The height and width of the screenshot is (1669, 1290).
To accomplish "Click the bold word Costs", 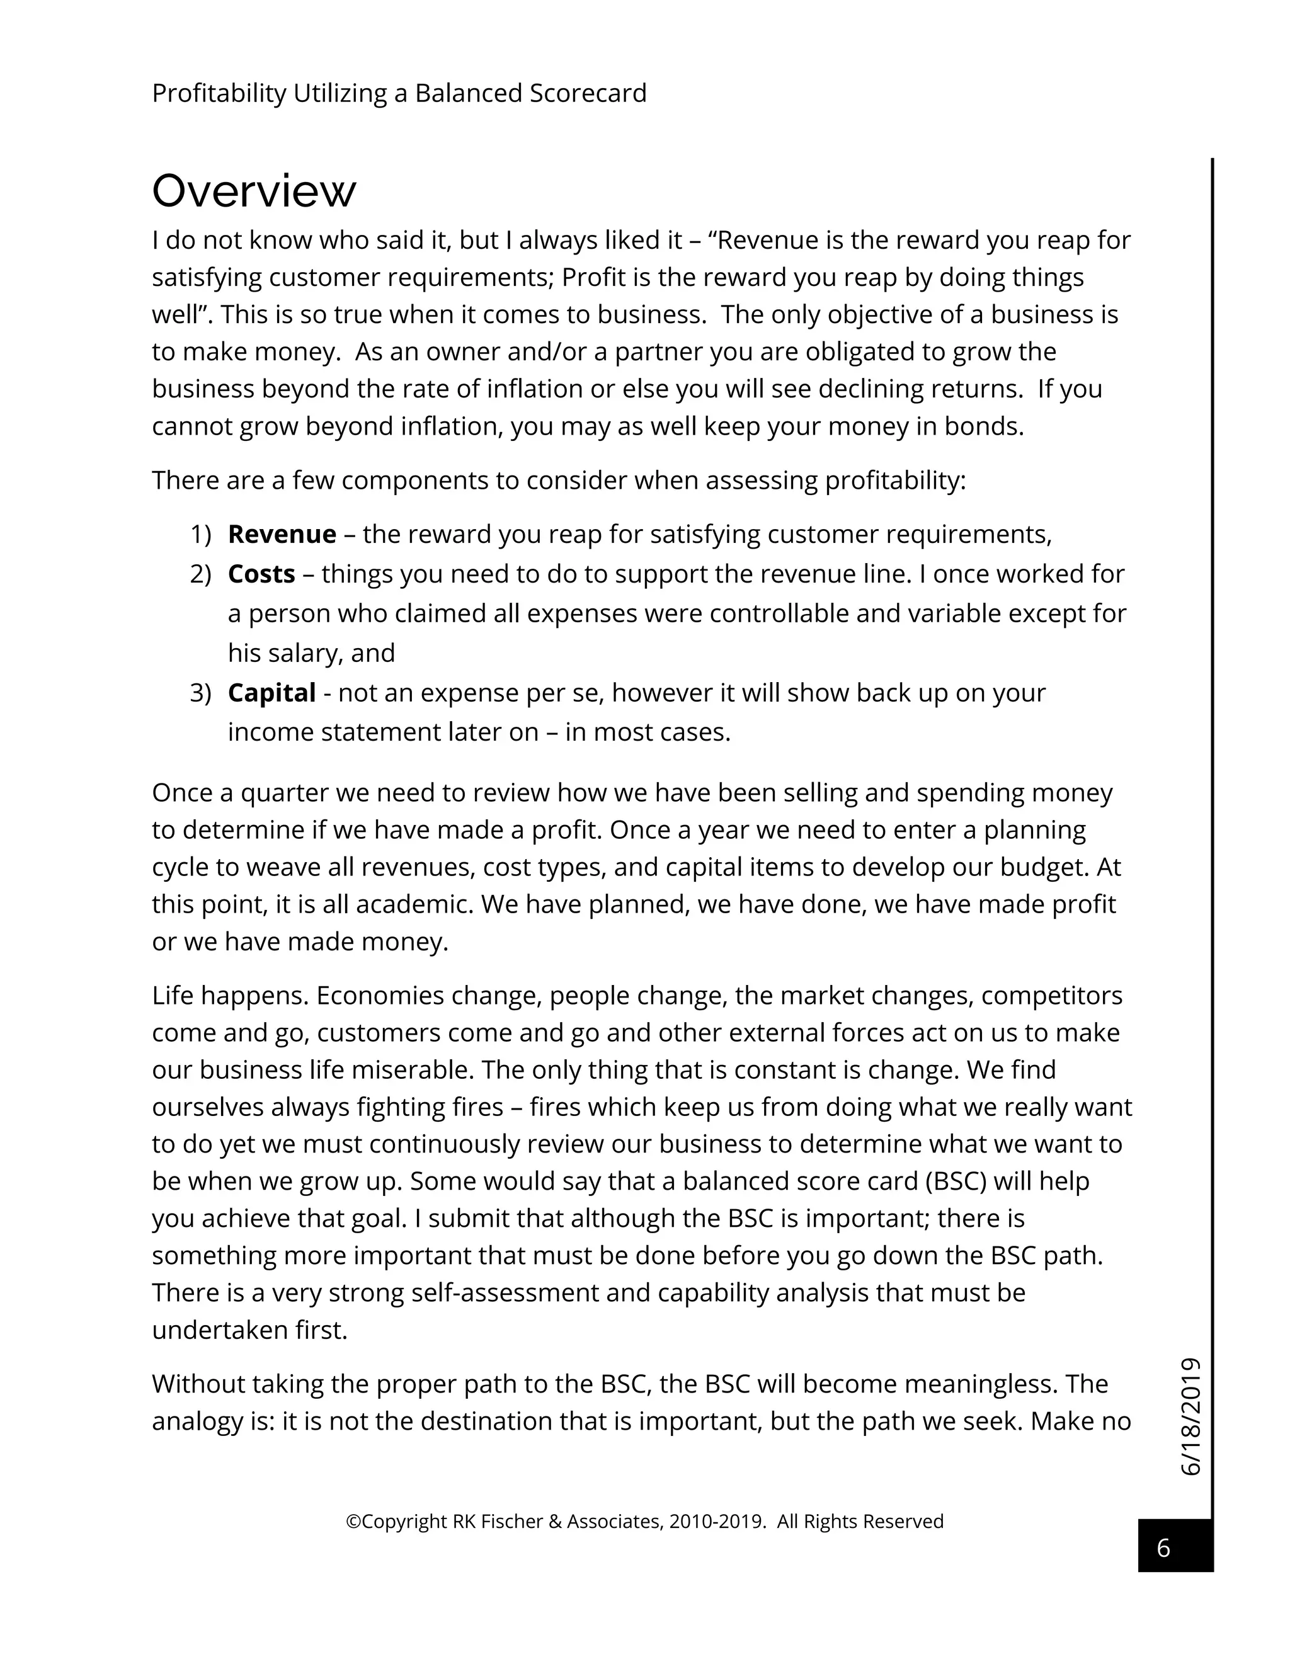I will pyautogui.click(x=261, y=574).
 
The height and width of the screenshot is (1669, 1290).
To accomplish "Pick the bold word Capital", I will pyautogui.click(x=271, y=693).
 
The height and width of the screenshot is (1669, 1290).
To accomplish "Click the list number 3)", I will pyautogui.click(x=200, y=693).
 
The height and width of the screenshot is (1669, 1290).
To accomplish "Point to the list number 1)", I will pyautogui.click(x=200, y=534).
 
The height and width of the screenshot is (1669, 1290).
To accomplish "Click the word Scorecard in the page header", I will pyautogui.click(x=588, y=93).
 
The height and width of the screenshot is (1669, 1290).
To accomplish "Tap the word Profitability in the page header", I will pyautogui.click(x=219, y=93).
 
